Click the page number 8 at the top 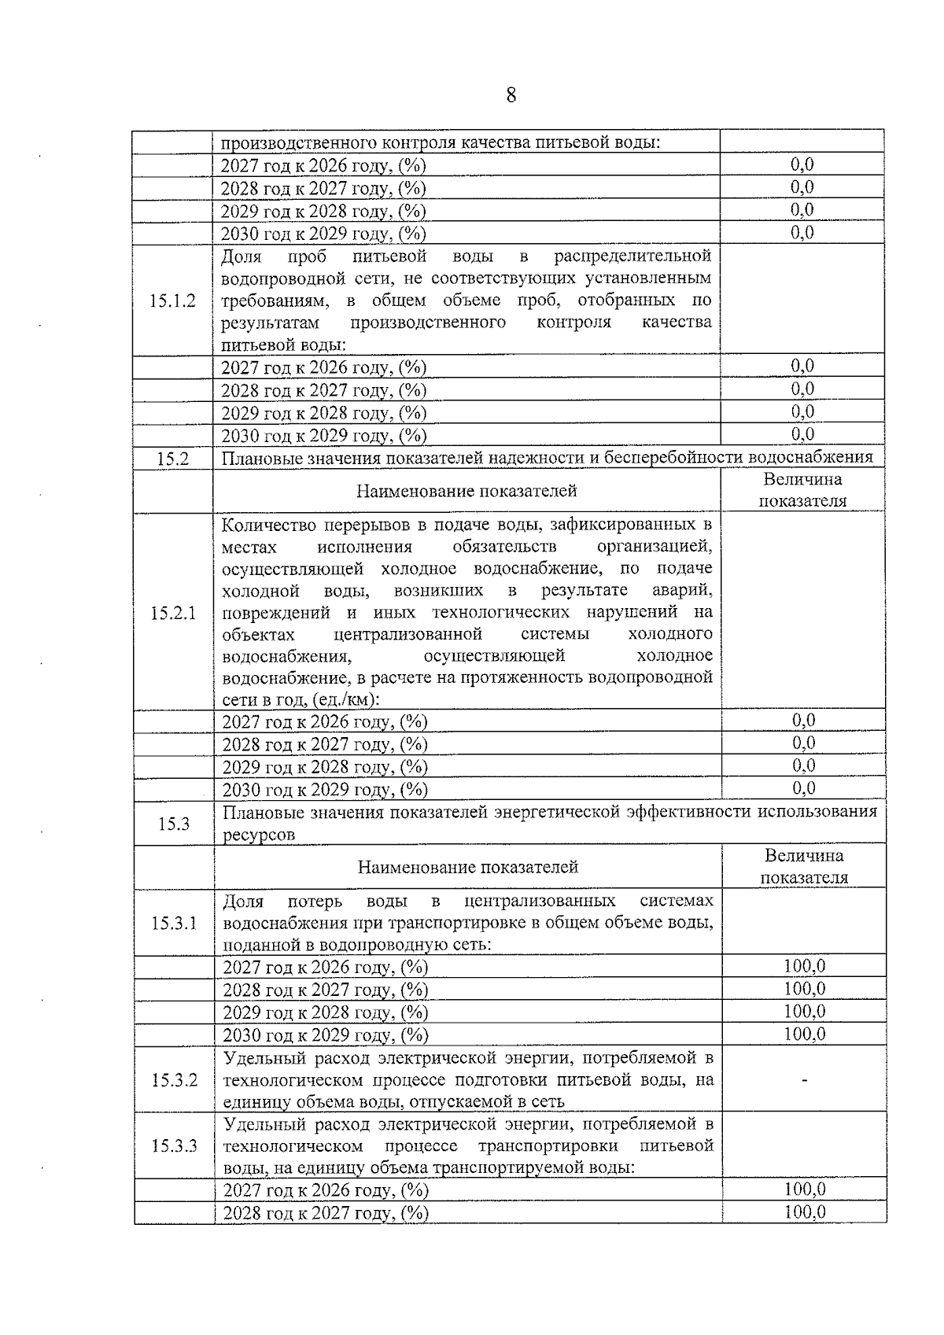[x=511, y=96]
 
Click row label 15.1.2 [x=172, y=301]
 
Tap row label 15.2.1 [x=173, y=613]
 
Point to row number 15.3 [x=174, y=824]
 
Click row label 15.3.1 [x=175, y=923]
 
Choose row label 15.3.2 [x=175, y=1080]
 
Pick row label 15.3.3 [x=175, y=1145]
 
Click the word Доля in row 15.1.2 [x=242, y=256]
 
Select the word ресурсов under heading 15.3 [x=259, y=835]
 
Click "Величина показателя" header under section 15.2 [x=802, y=490]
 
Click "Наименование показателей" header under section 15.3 [x=468, y=867]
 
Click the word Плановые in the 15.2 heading [x=259, y=458]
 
